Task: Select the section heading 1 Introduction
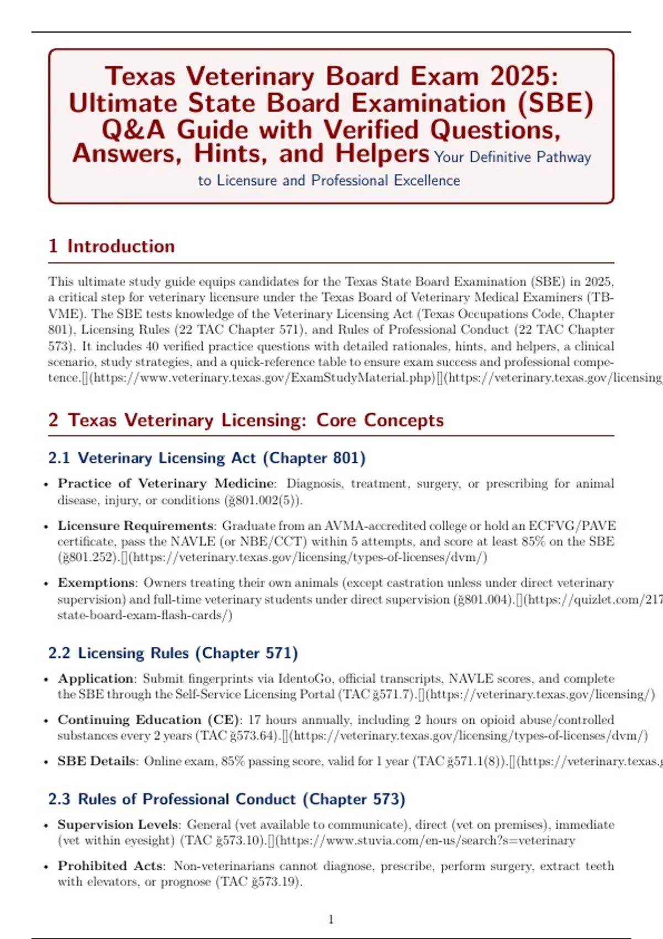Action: tap(112, 246)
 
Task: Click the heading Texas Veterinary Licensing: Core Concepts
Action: tap(255, 420)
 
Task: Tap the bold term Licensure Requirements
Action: tap(136, 525)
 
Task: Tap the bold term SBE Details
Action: tap(97, 761)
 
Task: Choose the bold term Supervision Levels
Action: tap(118, 825)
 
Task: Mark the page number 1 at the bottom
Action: tap(331, 919)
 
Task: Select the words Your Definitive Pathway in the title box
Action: tap(512, 157)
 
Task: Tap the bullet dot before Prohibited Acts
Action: tap(46, 867)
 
